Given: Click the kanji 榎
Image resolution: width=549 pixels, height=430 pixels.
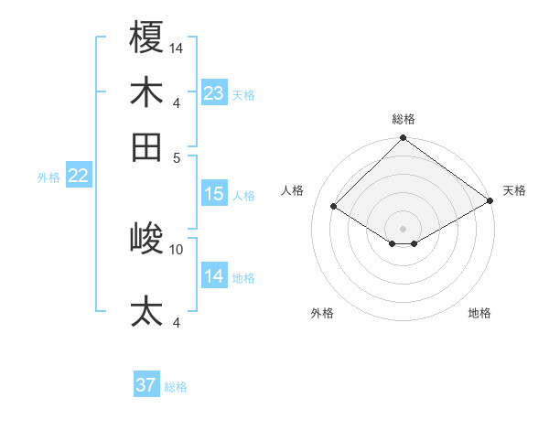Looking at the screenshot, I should (147, 38).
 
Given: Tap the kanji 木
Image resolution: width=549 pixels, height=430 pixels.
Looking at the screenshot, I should (147, 92).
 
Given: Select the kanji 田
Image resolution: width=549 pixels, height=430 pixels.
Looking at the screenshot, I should (147, 147).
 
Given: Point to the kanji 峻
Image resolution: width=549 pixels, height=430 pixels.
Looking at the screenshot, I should (147, 239).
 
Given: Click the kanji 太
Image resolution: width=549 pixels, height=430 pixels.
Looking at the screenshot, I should (147, 312).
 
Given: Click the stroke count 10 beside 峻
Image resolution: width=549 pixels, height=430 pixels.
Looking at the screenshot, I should (177, 249).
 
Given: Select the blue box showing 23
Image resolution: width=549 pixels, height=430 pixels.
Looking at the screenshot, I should (214, 93).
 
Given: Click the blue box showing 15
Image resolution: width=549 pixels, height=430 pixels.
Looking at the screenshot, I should (214, 194).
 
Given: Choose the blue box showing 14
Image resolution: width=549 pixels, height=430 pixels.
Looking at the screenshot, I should (214, 276).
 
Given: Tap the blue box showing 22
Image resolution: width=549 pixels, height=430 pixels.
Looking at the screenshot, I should (78, 177).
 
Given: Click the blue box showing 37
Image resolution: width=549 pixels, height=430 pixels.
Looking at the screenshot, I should (146, 385).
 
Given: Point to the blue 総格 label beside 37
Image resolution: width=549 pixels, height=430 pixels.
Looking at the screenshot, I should (176, 387).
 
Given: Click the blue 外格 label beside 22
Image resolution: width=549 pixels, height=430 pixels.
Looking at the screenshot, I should (48, 177).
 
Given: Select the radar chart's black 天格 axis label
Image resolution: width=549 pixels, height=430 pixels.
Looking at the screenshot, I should (514, 190).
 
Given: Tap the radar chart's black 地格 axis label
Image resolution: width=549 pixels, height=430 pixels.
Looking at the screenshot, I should (479, 313).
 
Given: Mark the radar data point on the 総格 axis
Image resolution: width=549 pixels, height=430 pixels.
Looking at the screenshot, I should (403, 139).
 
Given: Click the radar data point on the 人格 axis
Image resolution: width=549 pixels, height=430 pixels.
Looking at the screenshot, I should (334, 207).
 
